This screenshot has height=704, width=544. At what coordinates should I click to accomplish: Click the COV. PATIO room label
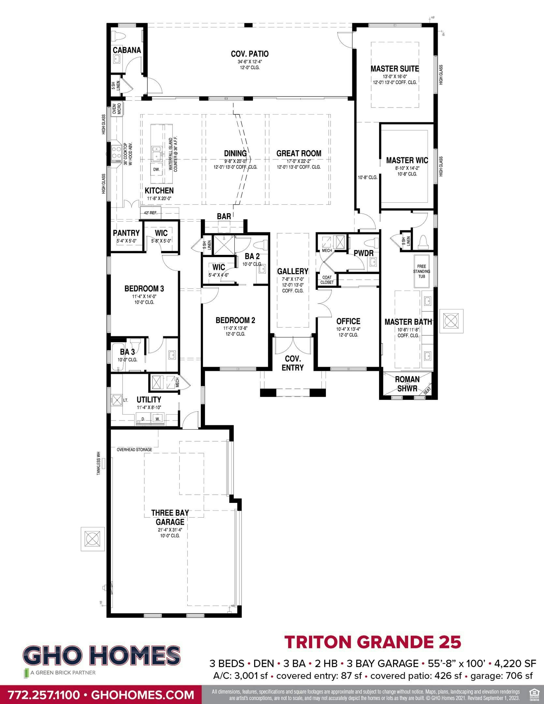point(250,54)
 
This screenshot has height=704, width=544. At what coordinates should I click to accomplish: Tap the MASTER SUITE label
point(395,69)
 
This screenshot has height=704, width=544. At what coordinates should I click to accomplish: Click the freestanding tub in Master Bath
point(421,271)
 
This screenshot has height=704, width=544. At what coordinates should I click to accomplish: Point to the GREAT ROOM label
point(299,153)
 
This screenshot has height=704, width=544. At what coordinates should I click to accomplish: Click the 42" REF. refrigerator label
point(149,213)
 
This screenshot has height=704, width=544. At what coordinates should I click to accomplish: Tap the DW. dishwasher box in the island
point(156,169)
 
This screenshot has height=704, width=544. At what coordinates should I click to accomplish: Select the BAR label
point(224,216)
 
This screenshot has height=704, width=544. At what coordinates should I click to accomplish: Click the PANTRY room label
point(126,233)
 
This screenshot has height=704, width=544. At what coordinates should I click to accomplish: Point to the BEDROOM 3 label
point(144,288)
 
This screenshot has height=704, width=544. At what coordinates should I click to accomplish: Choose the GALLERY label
point(293,271)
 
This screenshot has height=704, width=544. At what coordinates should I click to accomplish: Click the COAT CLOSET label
point(327,280)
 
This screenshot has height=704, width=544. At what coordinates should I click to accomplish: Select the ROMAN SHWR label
point(407,384)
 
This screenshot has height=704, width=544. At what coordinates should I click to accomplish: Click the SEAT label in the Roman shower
point(427,390)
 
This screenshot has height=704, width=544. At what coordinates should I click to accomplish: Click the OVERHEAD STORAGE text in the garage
point(134,450)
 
